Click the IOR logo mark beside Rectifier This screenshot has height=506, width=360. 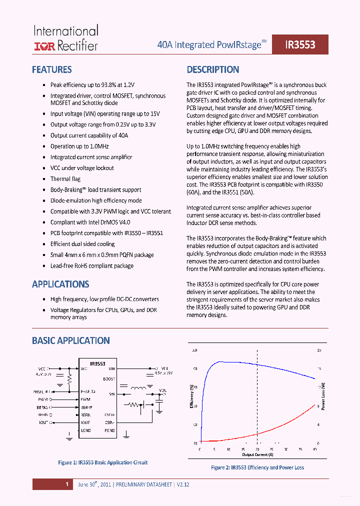tap(44, 46)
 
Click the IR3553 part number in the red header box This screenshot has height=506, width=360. tap(300, 44)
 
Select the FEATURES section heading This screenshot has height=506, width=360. tap(51, 70)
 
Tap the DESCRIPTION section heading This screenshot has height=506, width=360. tap(213, 70)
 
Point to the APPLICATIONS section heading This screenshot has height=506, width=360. tap(60, 284)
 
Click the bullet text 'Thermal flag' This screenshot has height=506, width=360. tap(65, 179)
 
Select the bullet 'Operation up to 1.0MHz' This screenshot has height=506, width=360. tap(79, 146)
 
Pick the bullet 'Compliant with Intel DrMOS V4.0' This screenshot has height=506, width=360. tap(90, 222)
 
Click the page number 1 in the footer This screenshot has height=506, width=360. tap(66, 484)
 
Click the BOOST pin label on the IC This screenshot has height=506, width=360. tap(108, 379)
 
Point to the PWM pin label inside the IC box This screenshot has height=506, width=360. tap(85, 399)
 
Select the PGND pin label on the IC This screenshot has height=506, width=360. tap(109, 430)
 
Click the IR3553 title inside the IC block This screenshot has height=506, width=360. tap(97, 363)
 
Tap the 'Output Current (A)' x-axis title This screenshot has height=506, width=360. tap(258, 455)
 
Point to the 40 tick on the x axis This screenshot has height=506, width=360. tap(315, 449)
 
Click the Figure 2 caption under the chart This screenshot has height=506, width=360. tap(257, 467)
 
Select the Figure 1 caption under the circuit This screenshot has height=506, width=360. tap(102, 462)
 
